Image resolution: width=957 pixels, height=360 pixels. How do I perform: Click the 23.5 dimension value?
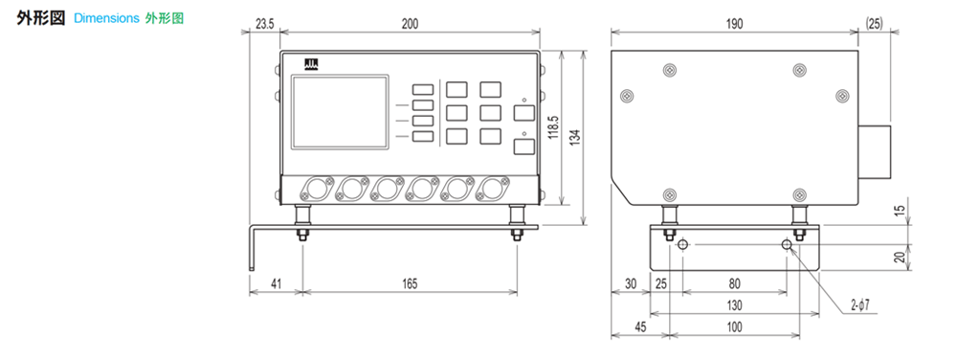pyautogui.click(x=265, y=24)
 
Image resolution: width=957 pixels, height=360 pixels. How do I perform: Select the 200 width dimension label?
pyautogui.click(x=410, y=24)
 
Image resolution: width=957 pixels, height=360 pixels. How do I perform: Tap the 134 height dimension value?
pyautogui.click(x=575, y=137)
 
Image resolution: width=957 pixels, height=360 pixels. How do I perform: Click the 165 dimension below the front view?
pyautogui.click(x=410, y=283)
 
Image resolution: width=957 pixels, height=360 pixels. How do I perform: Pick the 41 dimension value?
pyautogui.click(x=276, y=283)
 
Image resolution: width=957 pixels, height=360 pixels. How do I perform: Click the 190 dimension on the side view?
pyautogui.click(x=735, y=24)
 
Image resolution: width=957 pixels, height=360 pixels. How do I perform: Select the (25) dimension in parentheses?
pyautogui.click(x=874, y=24)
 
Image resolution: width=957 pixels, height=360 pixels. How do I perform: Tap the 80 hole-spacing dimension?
pyautogui.click(x=734, y=283)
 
